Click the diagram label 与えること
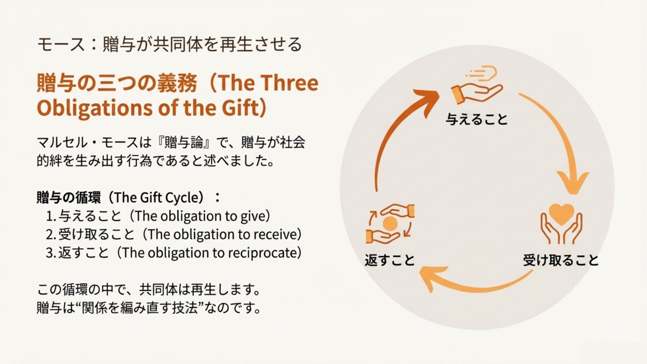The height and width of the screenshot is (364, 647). tap(476, 119)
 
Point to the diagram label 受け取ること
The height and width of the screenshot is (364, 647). tap(560, 260)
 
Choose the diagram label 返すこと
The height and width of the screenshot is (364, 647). tap(390, 260)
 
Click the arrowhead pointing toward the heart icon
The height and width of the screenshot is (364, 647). tap(573, 182)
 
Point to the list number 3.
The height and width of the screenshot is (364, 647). tap(50, 253)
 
